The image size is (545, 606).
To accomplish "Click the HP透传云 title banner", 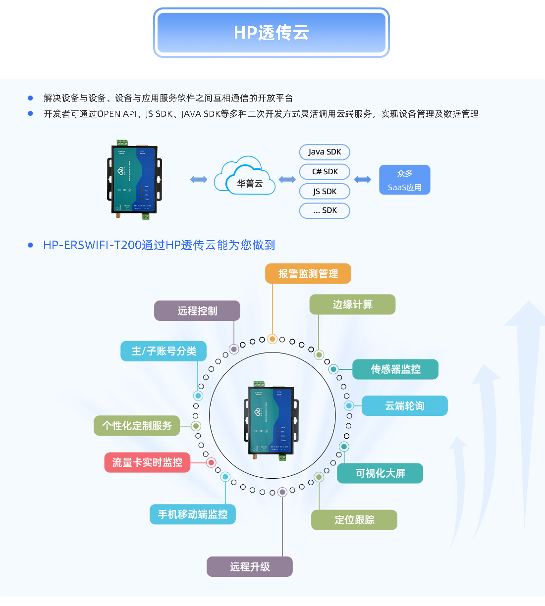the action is coord(272,33).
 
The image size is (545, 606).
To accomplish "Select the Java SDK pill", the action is coord(325,152).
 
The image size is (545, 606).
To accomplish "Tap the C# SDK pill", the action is coord(325,172).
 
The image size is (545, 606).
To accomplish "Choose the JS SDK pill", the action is coord(325,191).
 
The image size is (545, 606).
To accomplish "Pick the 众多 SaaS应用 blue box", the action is coord(404,180).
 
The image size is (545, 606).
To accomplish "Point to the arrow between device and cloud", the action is coord(199,179).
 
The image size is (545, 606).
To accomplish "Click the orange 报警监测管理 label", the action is coord(308,274).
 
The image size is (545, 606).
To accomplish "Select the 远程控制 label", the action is coord(197,311).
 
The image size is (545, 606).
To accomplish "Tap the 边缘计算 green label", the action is coord(352,304).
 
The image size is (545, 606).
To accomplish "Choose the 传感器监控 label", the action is coord(395,369).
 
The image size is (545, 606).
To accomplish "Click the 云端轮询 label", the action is coord(404,406).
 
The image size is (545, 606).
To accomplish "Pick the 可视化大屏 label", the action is coord(380,473).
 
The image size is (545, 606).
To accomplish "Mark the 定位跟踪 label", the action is coord(354,520).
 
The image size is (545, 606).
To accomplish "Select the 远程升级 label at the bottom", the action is coord(250,567).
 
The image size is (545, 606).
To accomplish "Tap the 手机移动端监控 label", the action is coord(193,514).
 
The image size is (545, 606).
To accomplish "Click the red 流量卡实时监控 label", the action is coord(147,462).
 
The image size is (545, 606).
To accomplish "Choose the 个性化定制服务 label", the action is coord(137,426).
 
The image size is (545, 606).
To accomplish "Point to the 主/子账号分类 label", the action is coord(163,351).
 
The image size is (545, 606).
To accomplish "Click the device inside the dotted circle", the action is coord(271,420).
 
